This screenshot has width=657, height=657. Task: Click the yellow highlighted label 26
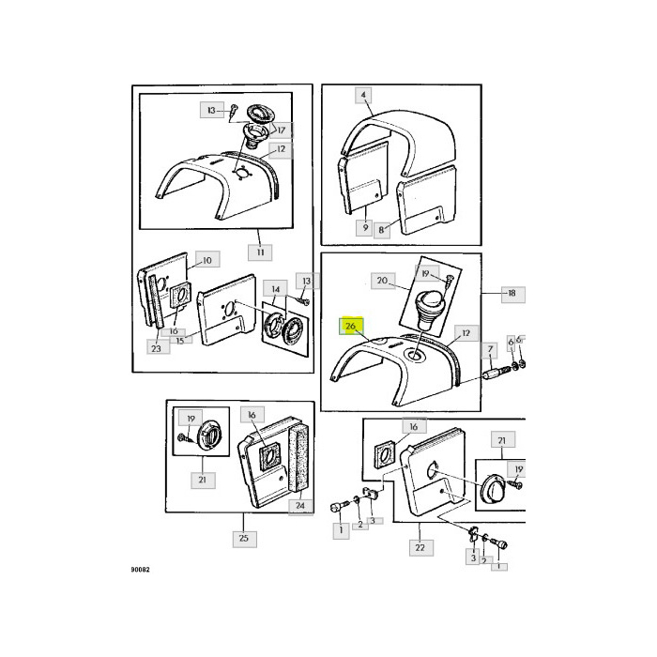(x=350, y=326)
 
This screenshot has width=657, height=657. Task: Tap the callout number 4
(x=364, y=95)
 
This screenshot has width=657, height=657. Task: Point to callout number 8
(x=382, y=228)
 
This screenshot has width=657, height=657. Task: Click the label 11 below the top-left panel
(x=260, y=252)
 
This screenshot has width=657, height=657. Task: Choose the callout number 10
(x=206, y=259)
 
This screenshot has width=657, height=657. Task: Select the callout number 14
(x=275, y=288)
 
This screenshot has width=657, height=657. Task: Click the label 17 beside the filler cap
(x=280, y=130)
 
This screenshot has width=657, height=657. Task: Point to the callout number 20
(x=382, y=281)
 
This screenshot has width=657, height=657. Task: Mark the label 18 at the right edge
(x=511, y=293)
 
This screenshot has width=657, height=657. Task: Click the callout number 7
(x=489, y=350)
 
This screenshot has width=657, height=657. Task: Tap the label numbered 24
(x=299, y=507)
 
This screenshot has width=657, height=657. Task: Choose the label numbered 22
(x=419, y=547)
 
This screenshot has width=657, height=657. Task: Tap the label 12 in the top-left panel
(x=281, y=149)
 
